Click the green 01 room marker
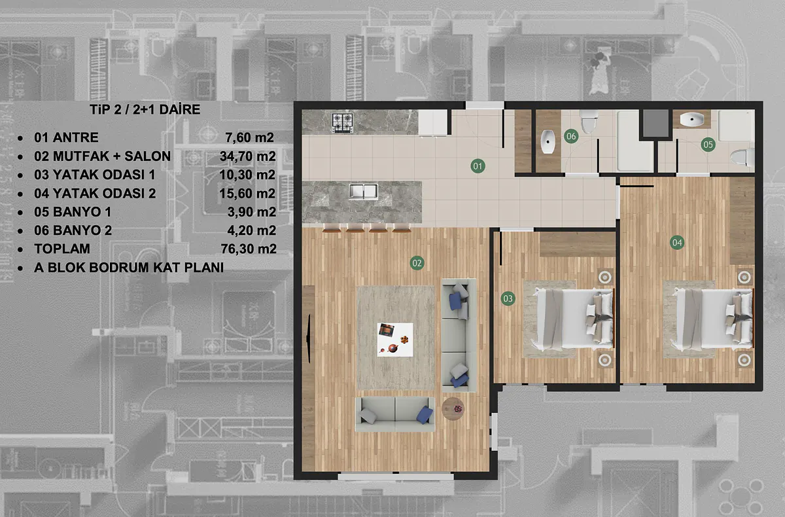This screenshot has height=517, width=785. click(x=478, y=166)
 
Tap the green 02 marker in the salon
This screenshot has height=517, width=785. click(x=417, y=263)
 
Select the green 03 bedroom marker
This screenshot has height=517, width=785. click(x=508, y=298)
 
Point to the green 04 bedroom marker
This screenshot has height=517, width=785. click(x=677, y=243)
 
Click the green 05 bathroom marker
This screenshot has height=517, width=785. click(x=708, y=145)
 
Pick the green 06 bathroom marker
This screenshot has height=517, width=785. click(x=571, y=136)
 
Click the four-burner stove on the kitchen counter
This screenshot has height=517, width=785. click(x=342, y=122)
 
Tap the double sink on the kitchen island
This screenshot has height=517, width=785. click(x=364, y=191)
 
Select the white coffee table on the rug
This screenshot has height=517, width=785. click(x=395, y=340)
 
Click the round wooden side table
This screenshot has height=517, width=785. click(x=453, y=409)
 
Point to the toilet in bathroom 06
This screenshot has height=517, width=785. click(x=589, y=121)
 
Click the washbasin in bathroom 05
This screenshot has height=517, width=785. click(x=692, y=119)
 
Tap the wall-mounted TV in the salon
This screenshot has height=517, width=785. click(x=309, y=338)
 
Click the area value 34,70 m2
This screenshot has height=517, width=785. click(x=248, y=156)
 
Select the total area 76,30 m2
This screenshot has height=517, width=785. click(x=249, y=249)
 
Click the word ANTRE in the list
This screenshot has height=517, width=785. click(x=76, y=137)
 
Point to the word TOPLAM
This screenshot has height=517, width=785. click(x=62, y=249)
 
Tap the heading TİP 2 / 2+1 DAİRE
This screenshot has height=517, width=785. click(x=145, y=109)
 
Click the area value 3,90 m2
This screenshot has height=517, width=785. click(x=252, y=211)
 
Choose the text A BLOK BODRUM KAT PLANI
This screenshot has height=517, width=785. click(x=129, y=268)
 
